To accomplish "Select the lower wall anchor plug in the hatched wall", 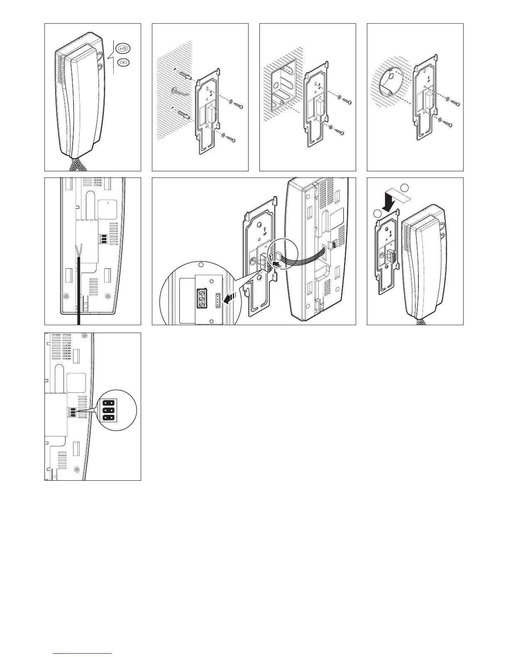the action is [x=183, y=113].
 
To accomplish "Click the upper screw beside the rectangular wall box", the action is [x=349, y=101].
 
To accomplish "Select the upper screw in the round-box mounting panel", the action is [x=455, y=102].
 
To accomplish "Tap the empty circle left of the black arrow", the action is [x=376, y=214].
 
